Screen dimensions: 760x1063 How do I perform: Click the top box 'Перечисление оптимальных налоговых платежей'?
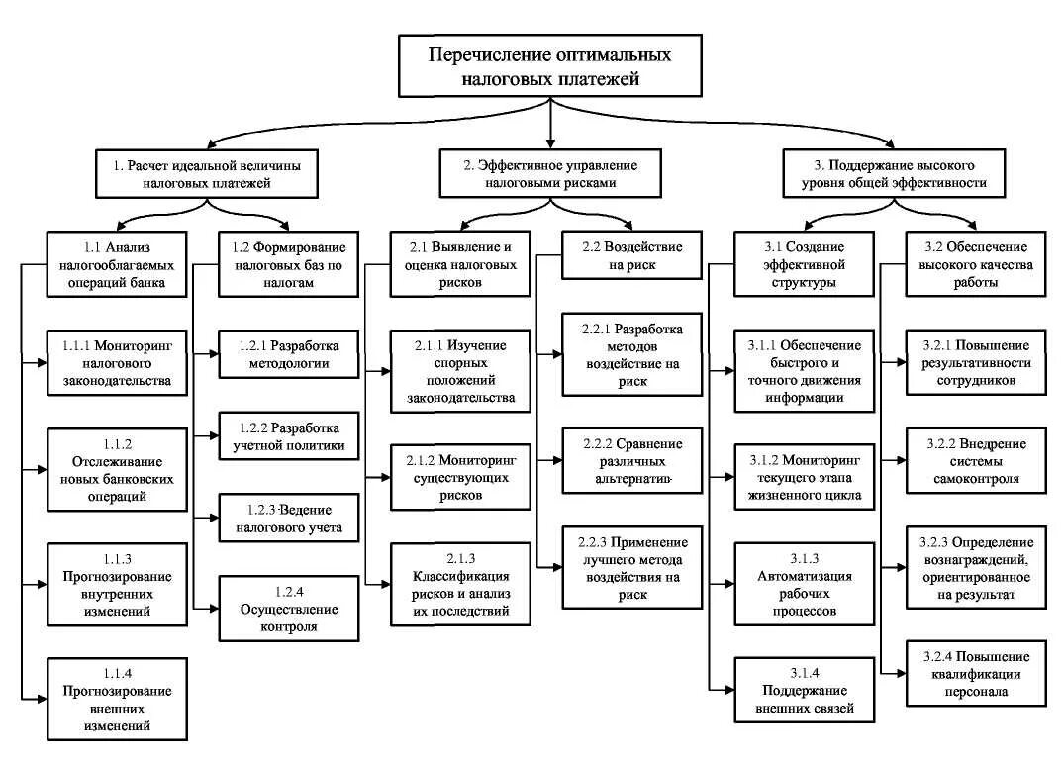click(549, 66)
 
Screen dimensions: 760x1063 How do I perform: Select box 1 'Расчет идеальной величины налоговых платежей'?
click(207, 174)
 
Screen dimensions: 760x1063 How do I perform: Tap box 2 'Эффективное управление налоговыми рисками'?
click(550, 174)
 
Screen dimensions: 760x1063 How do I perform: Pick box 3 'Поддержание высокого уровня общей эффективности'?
click(894, 174)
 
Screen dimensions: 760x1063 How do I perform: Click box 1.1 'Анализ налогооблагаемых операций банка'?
click(117, 263)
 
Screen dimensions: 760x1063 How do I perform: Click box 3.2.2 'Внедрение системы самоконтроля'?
click(976, 460)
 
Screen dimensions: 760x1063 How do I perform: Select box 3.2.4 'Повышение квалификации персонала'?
click(976, 673)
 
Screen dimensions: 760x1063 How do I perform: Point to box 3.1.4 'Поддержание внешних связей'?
click(804, 690)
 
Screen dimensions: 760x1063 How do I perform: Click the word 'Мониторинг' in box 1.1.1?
click(134, 346)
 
